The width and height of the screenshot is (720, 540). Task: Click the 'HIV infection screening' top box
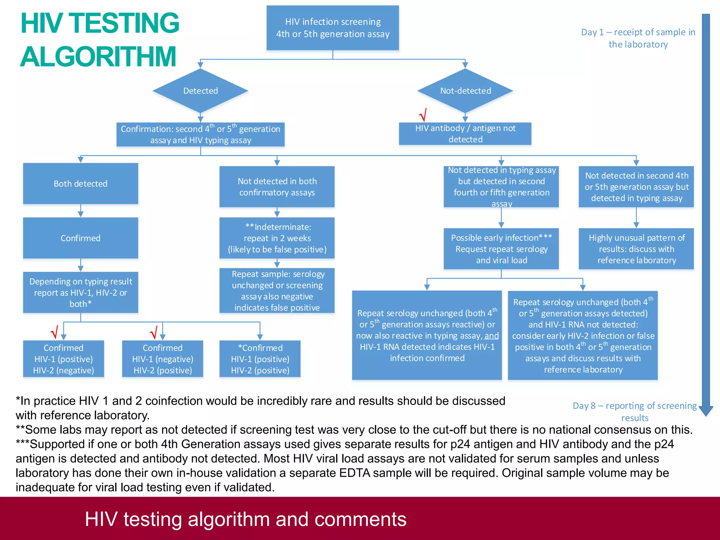[x=333, y=28]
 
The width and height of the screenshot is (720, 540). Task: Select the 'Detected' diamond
[x=200, y=91]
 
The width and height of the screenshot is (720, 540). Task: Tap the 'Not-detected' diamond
[x=465, y=91]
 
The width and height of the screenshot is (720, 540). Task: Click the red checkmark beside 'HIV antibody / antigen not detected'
[x=423, y=115]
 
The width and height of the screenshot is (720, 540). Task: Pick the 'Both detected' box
[x=81, y=184]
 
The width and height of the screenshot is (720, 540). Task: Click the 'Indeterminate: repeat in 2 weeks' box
[x=277, y=238]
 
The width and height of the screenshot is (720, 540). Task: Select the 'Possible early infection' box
[x=501, y=249]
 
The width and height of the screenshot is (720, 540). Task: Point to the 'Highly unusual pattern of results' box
[x=636, y=249]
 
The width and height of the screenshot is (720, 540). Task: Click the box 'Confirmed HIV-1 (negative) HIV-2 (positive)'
[x=162, y=359]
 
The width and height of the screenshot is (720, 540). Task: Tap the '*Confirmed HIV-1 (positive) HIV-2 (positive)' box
[x=260, y=359]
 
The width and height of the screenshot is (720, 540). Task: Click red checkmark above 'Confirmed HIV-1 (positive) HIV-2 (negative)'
[x=54, y=332]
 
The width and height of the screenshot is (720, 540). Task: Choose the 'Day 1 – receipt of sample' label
[x=638, y=38]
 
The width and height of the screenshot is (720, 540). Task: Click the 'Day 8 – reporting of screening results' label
[x=635, y=411]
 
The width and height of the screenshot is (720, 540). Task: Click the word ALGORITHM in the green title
[x=98, y=57]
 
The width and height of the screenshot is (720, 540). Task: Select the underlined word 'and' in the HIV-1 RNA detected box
[x=491, y=336]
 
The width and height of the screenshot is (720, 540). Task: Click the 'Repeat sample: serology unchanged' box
[x=277, y=291]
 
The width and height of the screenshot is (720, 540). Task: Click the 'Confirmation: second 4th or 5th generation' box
[x=200, y=134]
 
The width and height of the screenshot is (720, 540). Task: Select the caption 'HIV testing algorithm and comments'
[x=245, y=519]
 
